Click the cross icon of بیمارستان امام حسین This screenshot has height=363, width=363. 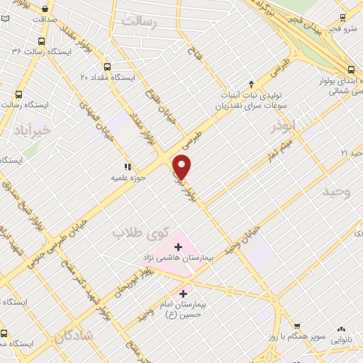184,293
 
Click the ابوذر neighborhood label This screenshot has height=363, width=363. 282,128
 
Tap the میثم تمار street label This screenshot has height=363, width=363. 272,155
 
